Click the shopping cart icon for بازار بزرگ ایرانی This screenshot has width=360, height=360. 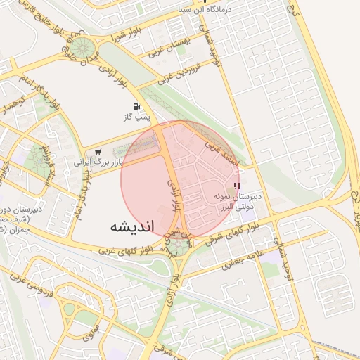(x=98, y=151)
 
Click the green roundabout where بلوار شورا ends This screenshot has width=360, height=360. (x=82, y=48)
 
